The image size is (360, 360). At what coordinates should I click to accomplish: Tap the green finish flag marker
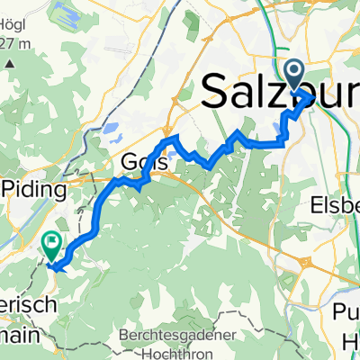[x=51, y=241]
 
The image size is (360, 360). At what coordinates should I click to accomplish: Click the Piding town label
[x=35, y=190]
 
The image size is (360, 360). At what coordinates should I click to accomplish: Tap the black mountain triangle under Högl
[x=11, y=65]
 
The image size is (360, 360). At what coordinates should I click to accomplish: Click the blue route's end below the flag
[x=53, y=266]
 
